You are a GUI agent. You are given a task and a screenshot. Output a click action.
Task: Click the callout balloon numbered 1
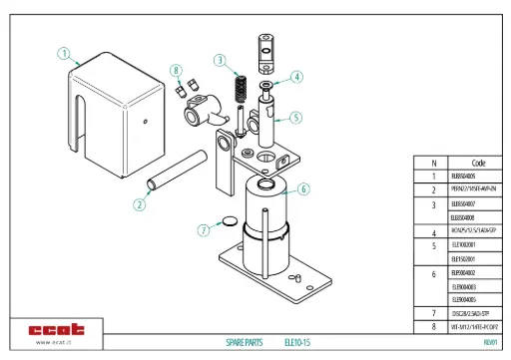point(64,54)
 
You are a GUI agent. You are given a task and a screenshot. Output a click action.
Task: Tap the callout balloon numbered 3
point(219,61)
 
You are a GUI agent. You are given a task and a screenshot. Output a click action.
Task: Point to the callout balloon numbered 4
point(296,77)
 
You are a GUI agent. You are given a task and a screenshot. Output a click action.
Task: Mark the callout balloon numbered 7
point(205,229)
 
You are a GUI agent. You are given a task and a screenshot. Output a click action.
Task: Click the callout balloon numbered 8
point(177,71)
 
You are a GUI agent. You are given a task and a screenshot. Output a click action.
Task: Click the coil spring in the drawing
point(240,87)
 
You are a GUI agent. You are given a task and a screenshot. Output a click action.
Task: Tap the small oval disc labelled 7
point(229,220)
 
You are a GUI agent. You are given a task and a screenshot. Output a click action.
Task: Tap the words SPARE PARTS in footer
point(244,341)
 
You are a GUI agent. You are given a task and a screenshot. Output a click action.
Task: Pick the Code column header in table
point(477,163)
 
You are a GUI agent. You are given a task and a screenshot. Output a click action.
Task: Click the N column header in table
point(433,163)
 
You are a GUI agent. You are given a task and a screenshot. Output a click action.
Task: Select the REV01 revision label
point(490,341)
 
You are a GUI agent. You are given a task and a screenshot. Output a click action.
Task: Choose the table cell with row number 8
point(433,326)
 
